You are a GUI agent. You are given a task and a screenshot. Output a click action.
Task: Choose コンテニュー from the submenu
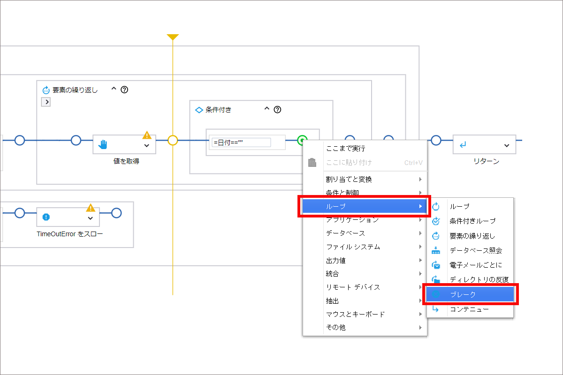click(470, 309)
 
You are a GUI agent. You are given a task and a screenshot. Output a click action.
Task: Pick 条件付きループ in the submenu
click(472, 221)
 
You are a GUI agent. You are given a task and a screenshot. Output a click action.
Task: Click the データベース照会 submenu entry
click(476, 250)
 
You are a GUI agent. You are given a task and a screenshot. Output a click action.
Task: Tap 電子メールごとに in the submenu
click(476, 265)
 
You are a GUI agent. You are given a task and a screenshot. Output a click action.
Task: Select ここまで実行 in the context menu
click(346, 149)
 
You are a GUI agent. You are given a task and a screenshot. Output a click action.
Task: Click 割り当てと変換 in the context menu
click(349, 180)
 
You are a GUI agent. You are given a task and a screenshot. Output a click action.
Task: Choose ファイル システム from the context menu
click(353, 247)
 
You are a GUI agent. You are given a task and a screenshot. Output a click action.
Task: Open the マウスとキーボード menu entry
click(355, 314)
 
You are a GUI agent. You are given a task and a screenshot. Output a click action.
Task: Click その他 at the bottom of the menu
click(335, 328)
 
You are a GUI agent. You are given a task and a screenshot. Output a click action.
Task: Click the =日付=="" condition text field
click(241, 142)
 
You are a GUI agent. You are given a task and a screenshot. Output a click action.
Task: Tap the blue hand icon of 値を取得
click(103, 144)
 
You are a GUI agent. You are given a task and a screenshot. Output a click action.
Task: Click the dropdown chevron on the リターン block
click(507, 145)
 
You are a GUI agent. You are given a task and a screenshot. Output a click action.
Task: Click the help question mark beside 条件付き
click(277, 110)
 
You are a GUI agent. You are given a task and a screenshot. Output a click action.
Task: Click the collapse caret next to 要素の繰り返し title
click(114, 89)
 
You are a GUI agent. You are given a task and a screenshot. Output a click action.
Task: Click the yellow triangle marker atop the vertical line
click(173, 37)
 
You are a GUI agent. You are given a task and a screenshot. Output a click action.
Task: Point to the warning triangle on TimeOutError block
click(91, 208)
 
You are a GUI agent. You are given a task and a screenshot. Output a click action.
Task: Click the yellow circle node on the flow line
click(173, 141)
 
